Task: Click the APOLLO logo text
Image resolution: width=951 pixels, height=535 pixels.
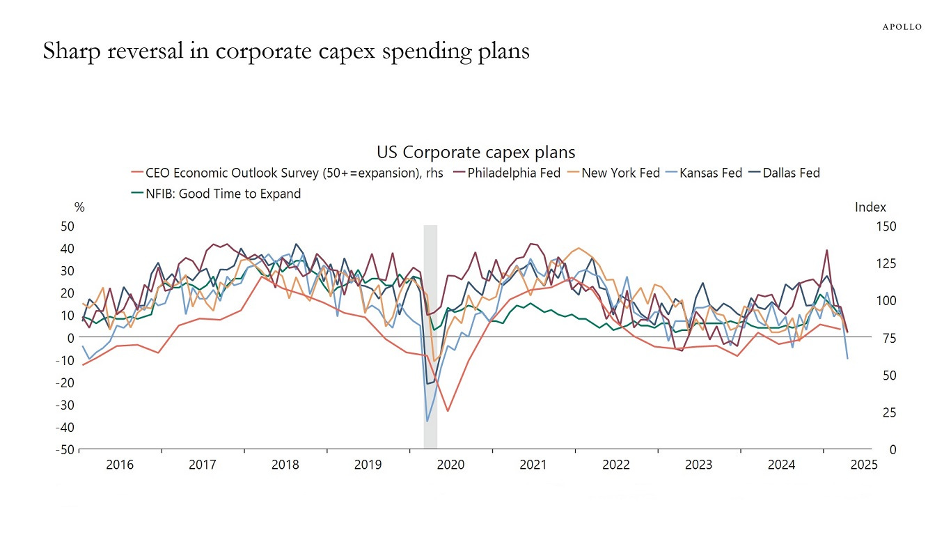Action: (x=902, y=27)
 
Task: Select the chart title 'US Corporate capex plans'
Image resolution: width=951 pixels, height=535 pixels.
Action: (x=475, y=152)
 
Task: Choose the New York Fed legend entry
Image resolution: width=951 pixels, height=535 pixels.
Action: (x=620, y=173)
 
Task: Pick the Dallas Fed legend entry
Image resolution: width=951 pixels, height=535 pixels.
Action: (x=791, y=173)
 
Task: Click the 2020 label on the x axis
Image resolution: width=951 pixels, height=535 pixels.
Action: (x=450, y=465)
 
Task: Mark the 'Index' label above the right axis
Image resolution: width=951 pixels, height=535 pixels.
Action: (x=870, y=207)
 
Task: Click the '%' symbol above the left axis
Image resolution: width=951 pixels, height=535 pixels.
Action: (x=79, y=207)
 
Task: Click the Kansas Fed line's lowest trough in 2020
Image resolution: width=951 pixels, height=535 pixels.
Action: (x=427, y=421)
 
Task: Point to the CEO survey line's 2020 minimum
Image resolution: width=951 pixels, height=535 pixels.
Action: (x=448, y=411)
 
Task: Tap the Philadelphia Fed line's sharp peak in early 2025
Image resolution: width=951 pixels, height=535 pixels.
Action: (x=826, y=250)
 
